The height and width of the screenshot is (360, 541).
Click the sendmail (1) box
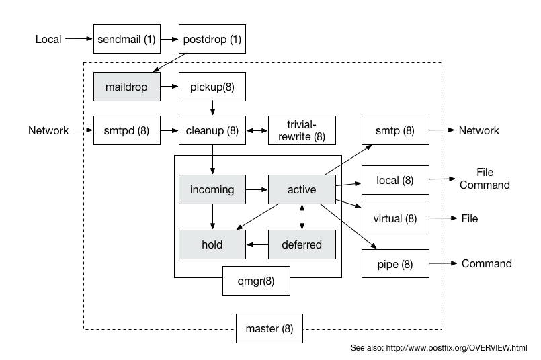126,40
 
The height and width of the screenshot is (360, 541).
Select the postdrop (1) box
212,40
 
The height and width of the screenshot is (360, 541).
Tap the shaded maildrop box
126,87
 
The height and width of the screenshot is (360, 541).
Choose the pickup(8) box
212,87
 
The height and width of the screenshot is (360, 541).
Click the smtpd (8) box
126,131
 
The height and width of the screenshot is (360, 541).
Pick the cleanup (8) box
212,131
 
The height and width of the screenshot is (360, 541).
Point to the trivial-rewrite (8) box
302,131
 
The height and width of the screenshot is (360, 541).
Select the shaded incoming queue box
212,190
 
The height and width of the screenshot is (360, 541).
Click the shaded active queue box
302,190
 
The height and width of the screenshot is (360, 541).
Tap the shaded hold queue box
212,244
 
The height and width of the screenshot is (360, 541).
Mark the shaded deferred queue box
302,244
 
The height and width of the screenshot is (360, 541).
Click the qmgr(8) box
257,281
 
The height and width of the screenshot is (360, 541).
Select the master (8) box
269,329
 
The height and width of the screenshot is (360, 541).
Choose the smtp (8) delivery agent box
395,131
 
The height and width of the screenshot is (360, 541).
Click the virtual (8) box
395,218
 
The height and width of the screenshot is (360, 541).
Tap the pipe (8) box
395,264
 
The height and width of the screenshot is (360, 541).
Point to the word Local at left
48,40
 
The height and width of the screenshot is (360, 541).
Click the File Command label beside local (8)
485,179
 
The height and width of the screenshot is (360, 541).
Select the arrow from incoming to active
257,190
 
